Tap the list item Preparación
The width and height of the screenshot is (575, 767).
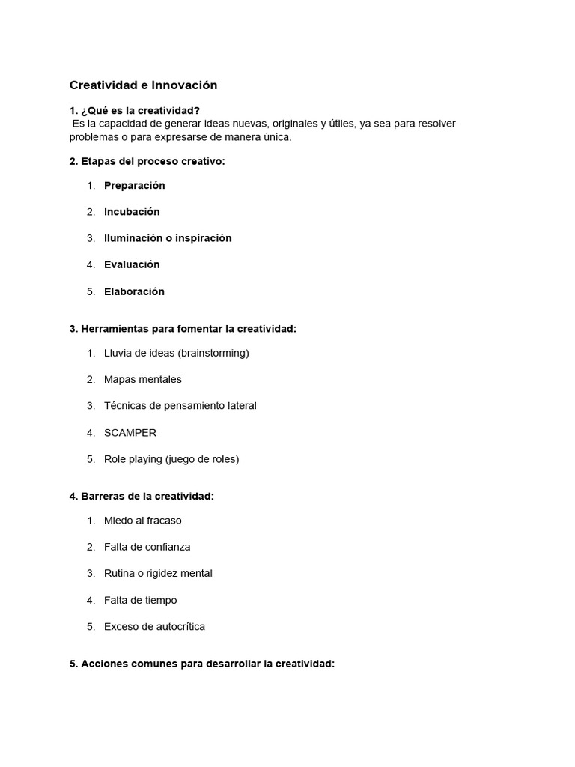pos(135,185)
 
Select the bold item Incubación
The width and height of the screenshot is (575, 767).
pos(132,212)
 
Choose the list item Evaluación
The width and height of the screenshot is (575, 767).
pos(132,264)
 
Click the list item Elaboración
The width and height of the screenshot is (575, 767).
pos(134,291)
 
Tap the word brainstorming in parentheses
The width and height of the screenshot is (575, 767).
pos(213,353)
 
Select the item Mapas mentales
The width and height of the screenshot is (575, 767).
pos(143,379)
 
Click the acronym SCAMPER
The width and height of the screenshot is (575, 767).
pos(130,432)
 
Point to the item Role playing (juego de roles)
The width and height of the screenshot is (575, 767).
pos(171,459)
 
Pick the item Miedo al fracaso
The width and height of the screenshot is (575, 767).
pos(143,520)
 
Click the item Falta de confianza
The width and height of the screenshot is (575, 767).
pos(147,547)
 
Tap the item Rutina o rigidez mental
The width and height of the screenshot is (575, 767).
pos(158,573)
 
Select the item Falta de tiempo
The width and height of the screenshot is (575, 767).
pos(141,600)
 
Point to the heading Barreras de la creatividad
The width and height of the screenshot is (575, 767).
pos(147,496)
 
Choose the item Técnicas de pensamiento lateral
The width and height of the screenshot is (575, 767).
pos(180,405)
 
